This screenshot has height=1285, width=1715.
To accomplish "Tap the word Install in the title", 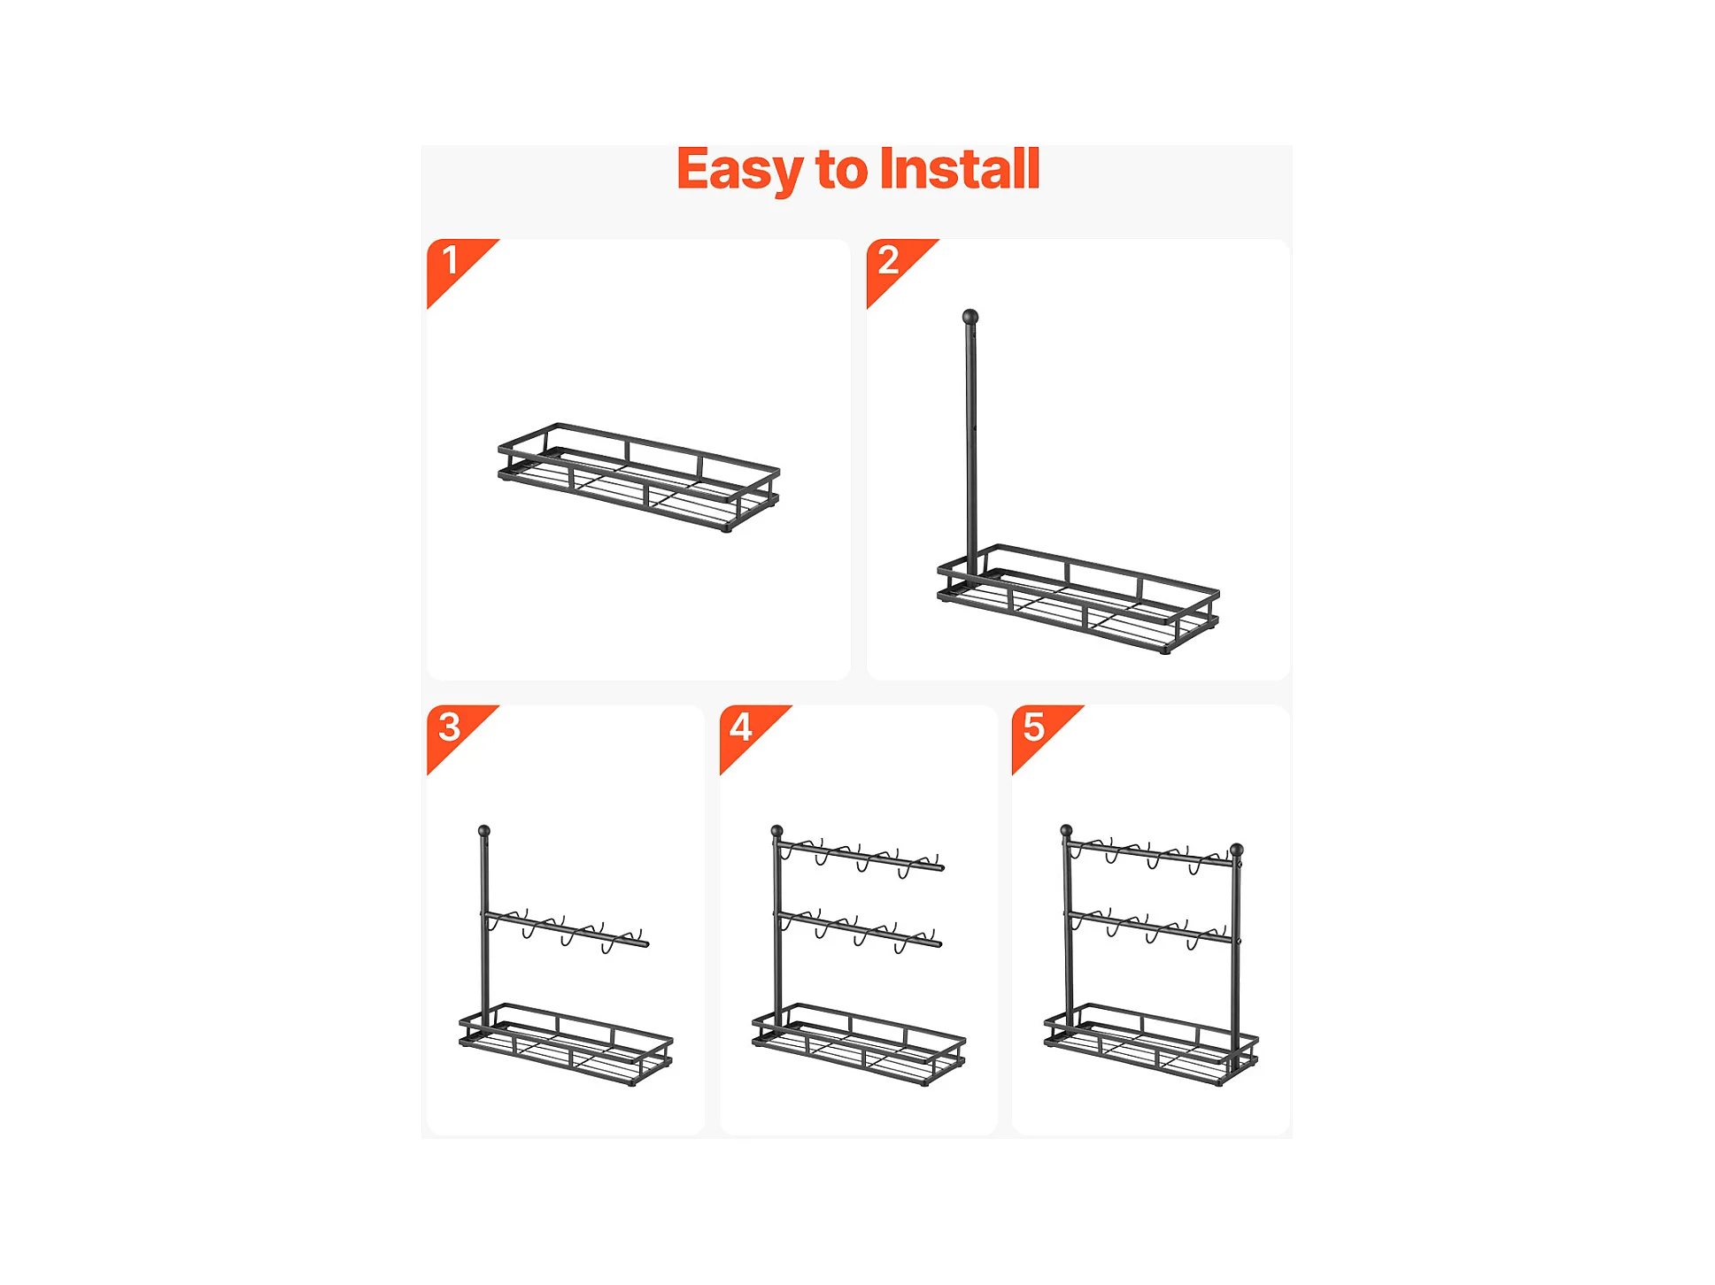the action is tap(959, 168).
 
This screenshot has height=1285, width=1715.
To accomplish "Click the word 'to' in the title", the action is tap(841, 170).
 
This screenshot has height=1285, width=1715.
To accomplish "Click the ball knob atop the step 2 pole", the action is tap(970, 317).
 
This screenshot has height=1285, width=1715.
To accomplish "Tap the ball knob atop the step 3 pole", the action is tap(484, 831).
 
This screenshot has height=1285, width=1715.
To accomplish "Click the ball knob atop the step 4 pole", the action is tap(776, 831).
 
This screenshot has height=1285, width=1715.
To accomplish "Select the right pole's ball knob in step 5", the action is tap(1237, 850).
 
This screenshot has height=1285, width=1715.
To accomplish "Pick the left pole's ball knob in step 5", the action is tap(1067, 830).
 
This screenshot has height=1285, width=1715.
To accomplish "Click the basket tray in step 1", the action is tap(638, 478).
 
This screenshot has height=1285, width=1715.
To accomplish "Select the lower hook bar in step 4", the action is tap(859, 930).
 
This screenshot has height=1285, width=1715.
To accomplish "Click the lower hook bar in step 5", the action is tap(1150, 927).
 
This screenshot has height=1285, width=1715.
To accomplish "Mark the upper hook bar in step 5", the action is tap(1150, 853).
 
